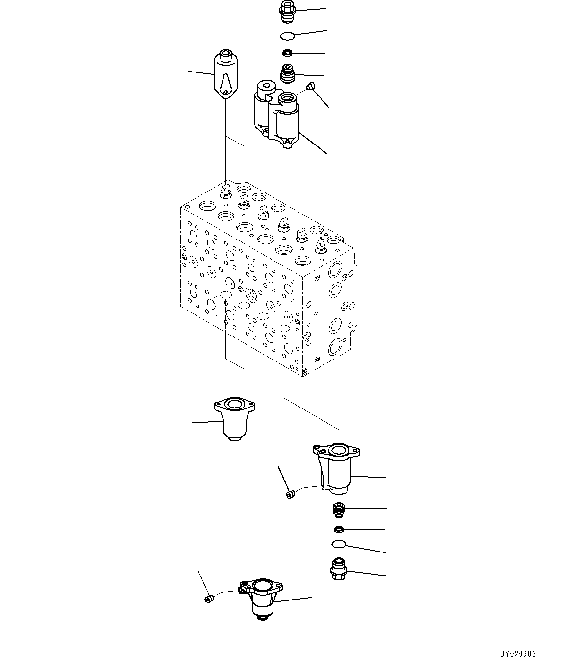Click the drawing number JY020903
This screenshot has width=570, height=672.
[518, 654]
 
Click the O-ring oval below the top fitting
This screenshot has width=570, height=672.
[287, 36]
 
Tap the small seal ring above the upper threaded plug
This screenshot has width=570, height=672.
[287, 53]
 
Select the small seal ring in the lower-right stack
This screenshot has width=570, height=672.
[338, 529]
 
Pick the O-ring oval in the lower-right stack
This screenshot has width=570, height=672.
[338, 543]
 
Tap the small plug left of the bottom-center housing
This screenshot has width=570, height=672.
[208, 598]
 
